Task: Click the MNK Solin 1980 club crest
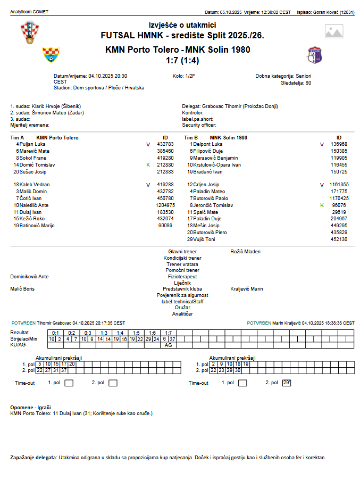point(314,55)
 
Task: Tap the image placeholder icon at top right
point(334,32)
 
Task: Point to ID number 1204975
point(165,205)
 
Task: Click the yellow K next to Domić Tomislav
point(148,165)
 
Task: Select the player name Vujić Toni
point(204,239)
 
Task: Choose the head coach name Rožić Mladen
point(246,251)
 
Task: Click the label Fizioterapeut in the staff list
point(182,277)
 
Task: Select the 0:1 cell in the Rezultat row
point(56,333)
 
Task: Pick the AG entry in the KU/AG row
point(169,345)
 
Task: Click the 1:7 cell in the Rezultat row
point(169,333)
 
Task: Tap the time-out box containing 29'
point(287,383)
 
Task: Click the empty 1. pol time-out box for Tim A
point(69,383)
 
